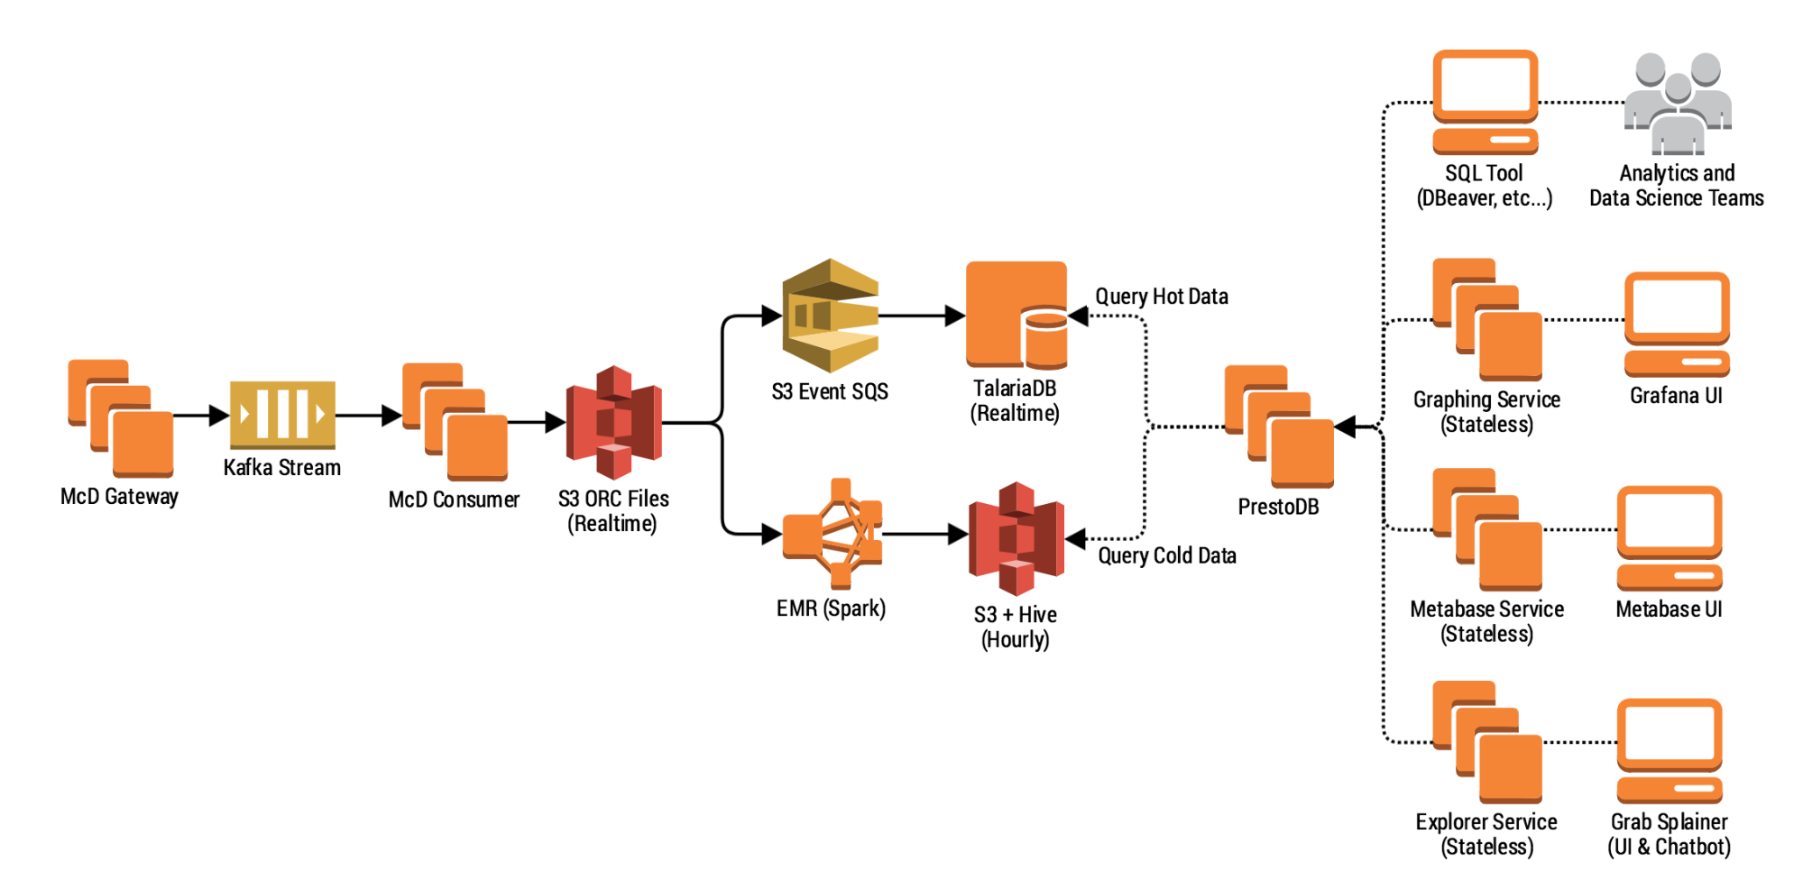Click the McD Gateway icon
[121, 418]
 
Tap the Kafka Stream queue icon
[282, 415]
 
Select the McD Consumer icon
[455, 421]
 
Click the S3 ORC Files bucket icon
[613, 422]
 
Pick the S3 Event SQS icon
[830, 316]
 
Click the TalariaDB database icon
[1016, 316]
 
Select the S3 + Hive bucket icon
[1016, 538]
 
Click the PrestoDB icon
[1278, 426]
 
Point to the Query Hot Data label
[1161, 297]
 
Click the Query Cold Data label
[1166, 555]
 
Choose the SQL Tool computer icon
[1485, 102]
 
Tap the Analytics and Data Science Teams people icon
[1677, 103]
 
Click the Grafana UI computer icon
[1677, 325]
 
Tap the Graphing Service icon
[1487, 320]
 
